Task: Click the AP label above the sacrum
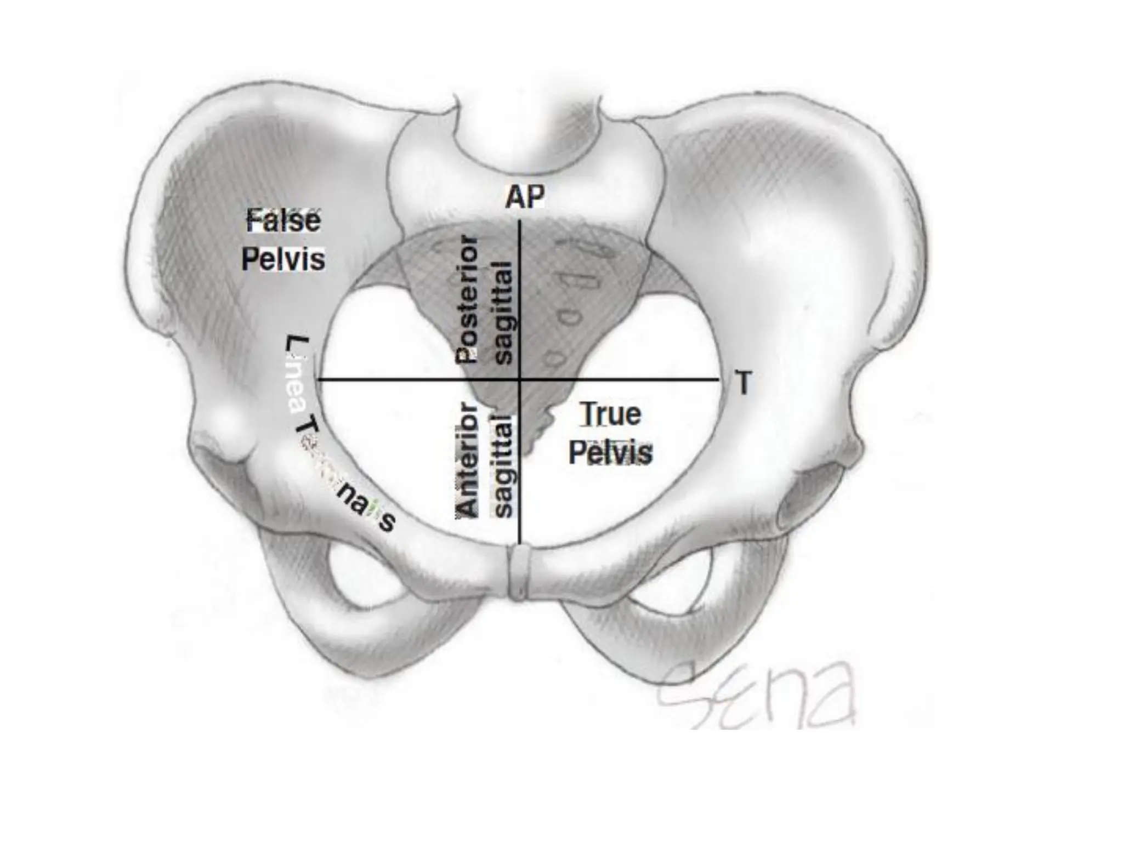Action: [x=525, y=197]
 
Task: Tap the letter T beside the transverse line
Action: [x=743, y=383]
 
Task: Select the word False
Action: [x=283, y=221]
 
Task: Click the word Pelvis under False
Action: [x=283, y=259]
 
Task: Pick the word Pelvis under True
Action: [x=610, y=453]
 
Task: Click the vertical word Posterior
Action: [x=467, y=300]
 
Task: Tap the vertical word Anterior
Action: [x=467, y=459]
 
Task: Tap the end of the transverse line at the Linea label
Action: [x=320, y=379]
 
